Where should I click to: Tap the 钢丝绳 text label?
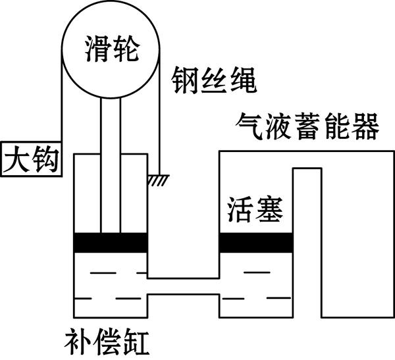coord(214,80)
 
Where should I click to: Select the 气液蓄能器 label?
coord(307,126)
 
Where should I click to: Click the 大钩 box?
coord(31,159)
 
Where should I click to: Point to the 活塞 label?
coord(255,209)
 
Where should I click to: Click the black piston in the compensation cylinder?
coord(111,243)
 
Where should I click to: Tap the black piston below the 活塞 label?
coord(256,243)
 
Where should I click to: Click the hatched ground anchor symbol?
coord(158,180)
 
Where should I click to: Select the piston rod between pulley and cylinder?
coord(111,165)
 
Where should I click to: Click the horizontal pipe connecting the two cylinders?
coord(184,286)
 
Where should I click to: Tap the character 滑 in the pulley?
coord(98,49)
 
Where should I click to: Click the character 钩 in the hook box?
coord(46,159)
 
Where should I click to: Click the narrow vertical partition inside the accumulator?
coord(307,242)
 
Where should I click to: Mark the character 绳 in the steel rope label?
coord(244,80)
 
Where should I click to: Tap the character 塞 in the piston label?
coord(269,209)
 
